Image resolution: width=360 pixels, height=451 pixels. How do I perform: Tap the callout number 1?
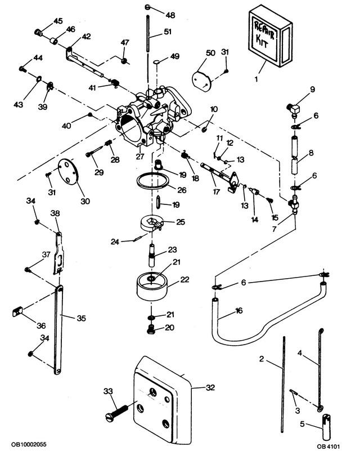click(x=256, y=78)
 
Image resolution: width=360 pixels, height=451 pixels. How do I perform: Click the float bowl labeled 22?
click(x=152, y=287)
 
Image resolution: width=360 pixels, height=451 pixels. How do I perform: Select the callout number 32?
click(x=210, y=387)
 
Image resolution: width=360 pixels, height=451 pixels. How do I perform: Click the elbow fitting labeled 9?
click(x=294, y=109)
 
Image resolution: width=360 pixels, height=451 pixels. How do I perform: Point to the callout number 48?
click(x=170, y=15)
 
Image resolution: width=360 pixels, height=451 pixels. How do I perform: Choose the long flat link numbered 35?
click(x=58, y=330)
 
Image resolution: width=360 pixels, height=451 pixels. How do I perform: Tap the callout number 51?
click(x=168, y=32)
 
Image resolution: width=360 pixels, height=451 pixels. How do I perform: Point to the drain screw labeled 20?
click(x=151, y=329)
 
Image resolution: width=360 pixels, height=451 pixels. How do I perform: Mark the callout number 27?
click(x=140, y=157)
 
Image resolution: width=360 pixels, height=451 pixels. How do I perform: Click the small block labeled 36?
click(x=17, y=312)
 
